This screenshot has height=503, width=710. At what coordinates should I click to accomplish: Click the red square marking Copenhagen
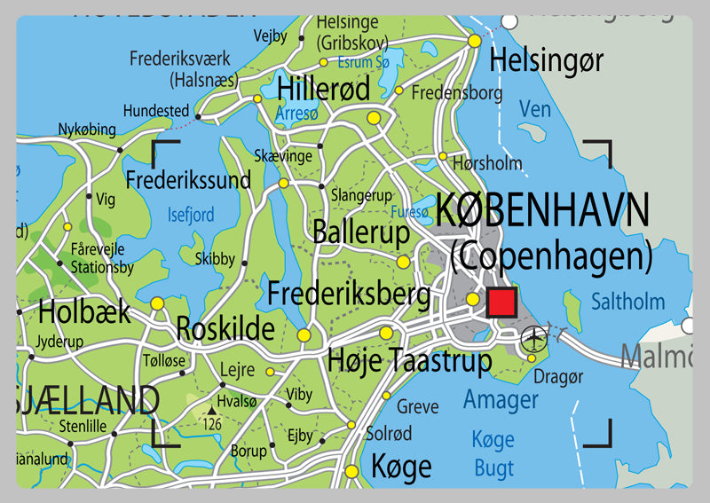(501, 302)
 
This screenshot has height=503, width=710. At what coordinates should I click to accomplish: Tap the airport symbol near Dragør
(534, 336)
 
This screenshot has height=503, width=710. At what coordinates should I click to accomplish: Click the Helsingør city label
(547, 60)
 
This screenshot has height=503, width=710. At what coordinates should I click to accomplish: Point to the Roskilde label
(225, 328)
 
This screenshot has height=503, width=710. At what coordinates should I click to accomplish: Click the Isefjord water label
(191, 215)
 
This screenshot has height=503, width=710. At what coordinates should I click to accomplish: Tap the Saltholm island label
(627, 302)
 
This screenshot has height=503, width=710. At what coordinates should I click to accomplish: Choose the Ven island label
(535, 109)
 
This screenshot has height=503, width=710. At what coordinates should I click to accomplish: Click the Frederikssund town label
(188, 180)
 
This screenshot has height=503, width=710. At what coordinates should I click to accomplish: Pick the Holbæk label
(84, 311)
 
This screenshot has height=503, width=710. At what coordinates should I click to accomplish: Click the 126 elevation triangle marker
(213, 412)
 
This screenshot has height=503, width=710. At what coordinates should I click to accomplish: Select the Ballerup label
(360, 232)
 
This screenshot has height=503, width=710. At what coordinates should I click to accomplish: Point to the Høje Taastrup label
(409, 361)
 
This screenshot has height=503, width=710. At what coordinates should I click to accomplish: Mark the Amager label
(501, 398)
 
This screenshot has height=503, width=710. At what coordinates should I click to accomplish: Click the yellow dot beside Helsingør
(475, 40)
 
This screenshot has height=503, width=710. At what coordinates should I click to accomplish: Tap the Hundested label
(156, 111)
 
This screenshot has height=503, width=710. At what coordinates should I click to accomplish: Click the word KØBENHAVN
(542, 211)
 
